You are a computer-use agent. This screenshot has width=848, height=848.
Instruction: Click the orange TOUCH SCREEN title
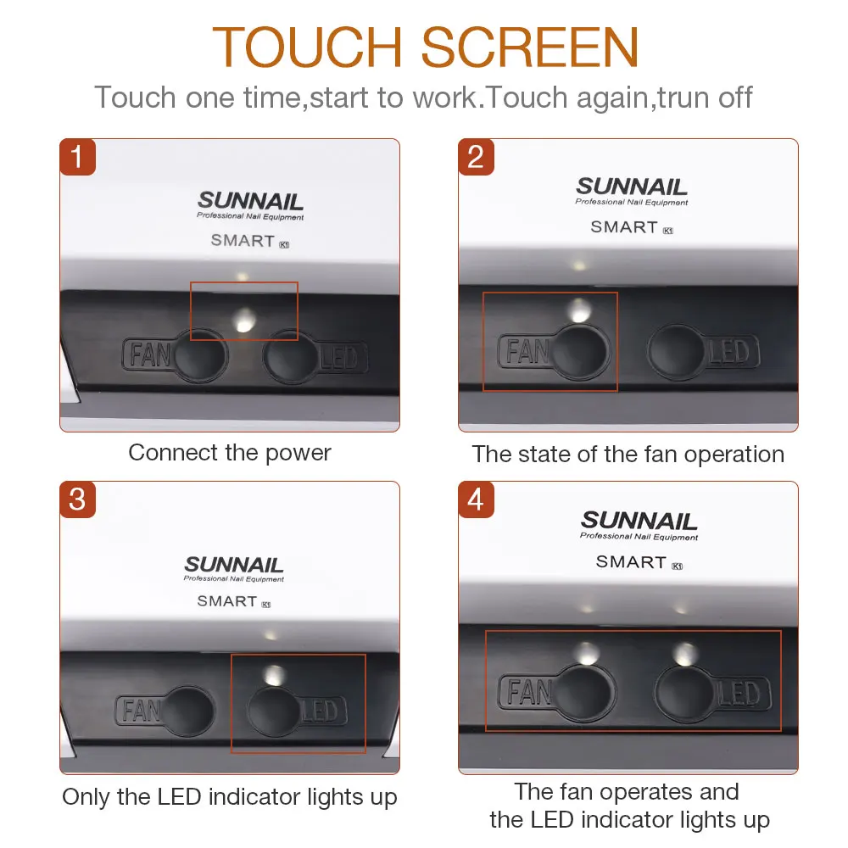click(425, 47)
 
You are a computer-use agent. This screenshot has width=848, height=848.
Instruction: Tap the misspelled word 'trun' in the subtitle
click(683, 98)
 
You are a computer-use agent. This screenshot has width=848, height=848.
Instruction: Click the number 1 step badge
click(77, 157)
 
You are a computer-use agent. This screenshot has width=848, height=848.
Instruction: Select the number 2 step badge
click(476, 157)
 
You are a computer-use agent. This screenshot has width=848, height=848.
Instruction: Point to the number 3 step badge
click(77, 499)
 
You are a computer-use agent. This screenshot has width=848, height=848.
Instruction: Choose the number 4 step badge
click(476, 499)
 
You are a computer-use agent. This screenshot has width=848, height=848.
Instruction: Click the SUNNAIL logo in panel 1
click(250, 201)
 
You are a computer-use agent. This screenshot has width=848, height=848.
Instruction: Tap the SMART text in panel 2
click(624, 227)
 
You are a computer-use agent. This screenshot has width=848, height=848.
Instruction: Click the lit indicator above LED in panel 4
click(686, 655)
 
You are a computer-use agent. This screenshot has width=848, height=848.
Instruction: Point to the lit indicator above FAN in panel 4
click(586, 653)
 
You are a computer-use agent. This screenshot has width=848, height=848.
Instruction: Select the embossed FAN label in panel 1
click(148, 354)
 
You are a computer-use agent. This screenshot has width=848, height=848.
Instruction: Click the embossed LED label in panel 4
click(739, 694)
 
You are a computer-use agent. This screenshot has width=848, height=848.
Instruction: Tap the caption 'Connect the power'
click(230, 453)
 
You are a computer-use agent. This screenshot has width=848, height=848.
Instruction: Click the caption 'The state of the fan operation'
click(628, 455)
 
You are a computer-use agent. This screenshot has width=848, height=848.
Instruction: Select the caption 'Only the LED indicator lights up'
click(230, 797)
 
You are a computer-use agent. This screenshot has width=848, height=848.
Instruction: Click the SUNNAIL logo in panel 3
click(234, 565)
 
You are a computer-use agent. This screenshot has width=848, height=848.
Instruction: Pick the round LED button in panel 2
click(676, 352)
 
